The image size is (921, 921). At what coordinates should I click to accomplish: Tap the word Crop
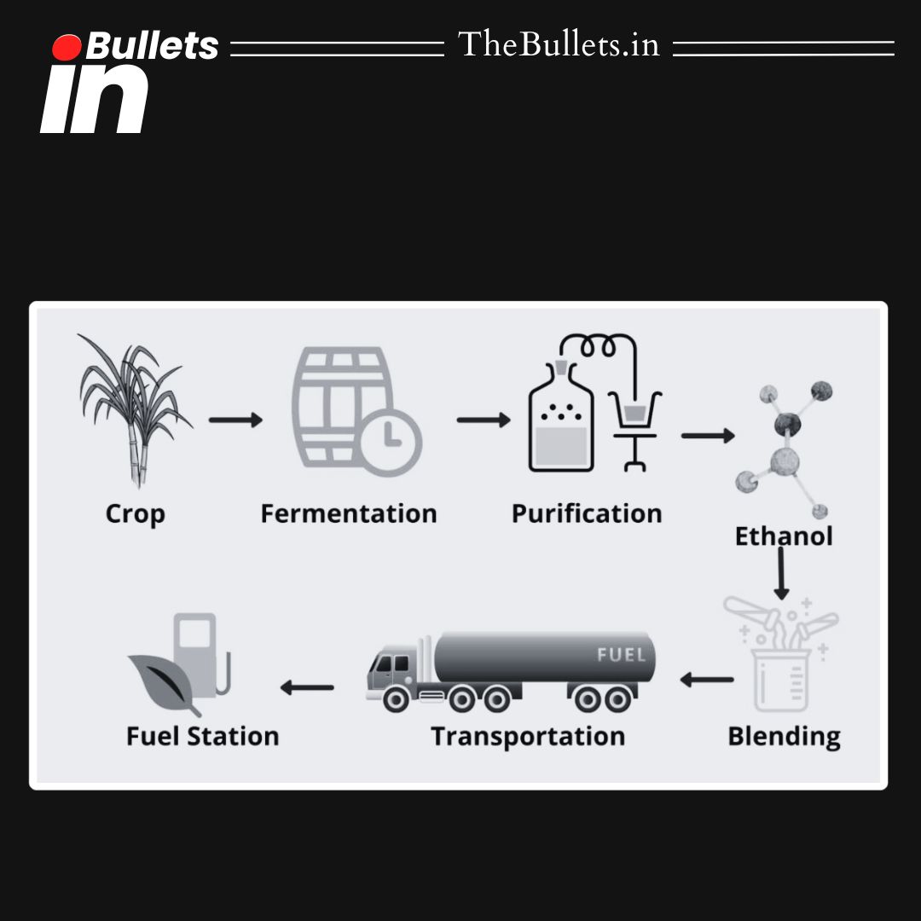135,513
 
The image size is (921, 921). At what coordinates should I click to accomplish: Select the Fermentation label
348,513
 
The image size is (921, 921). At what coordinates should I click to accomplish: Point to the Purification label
587,513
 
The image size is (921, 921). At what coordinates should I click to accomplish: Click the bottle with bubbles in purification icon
559,422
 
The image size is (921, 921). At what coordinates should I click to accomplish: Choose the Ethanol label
784,536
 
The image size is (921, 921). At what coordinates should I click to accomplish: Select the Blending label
784,736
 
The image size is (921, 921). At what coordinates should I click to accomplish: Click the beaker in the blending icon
780,678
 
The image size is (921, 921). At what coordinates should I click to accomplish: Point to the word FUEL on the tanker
620,656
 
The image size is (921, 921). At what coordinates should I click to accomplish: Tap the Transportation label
528,736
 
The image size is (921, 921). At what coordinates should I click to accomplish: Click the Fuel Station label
202,736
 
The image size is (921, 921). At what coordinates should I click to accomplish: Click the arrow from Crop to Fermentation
235,420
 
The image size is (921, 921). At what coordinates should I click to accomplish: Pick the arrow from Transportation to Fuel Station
307,686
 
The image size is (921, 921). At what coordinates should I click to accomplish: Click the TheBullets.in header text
559,44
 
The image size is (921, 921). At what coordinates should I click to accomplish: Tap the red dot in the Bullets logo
67,48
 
